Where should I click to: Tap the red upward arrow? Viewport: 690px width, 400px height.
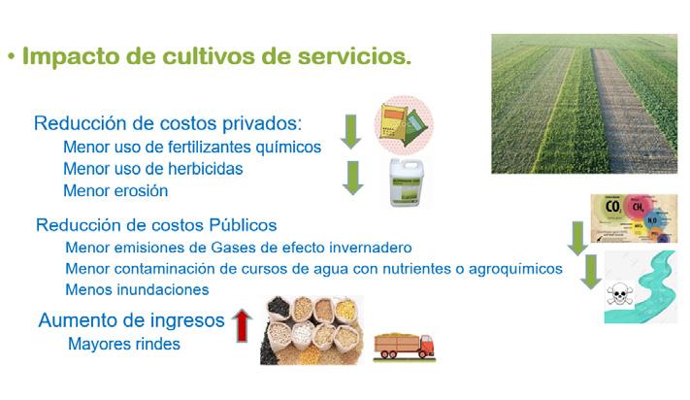242,325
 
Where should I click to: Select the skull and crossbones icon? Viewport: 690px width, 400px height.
619,294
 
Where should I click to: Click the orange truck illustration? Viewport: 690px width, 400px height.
404,347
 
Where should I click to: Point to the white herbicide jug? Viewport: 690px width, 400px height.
407,183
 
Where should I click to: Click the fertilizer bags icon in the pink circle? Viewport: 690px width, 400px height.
404,125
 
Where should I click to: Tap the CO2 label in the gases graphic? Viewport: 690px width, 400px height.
612,207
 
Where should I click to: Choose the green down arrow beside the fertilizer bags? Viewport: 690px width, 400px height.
350,132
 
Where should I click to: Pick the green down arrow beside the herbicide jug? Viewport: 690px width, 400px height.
352,178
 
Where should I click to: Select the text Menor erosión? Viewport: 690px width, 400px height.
115,190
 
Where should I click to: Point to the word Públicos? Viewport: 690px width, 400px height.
243,225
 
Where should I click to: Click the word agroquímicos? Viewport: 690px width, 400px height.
515,269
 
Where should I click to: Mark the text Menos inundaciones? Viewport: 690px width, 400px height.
137,289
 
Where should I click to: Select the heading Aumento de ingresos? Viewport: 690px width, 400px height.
132,320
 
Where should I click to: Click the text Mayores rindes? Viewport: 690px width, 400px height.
124,344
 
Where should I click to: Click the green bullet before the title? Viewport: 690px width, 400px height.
12,57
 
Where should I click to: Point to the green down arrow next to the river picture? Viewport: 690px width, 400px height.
591,272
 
